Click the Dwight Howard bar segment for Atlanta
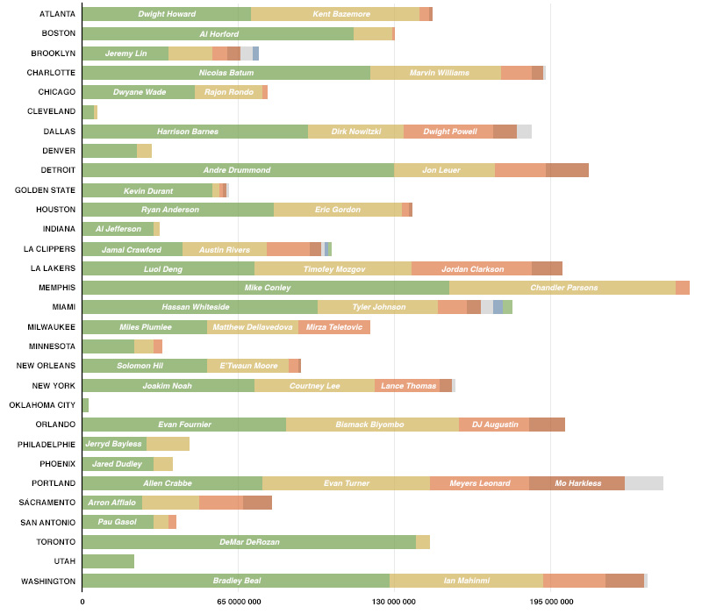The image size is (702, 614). (x=166, y=14)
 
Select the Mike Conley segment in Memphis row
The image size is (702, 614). (x=265, y=288)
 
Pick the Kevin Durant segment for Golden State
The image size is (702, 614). (x=147, y=190)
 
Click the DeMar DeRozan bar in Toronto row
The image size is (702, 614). (x=248, y=542)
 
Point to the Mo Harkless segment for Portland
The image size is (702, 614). (x=577, y=483)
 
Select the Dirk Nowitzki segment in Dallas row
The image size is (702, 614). (x=355, y=132)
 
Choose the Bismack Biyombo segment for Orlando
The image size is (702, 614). (x=372, y=425)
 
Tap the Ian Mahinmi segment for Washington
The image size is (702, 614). (x=466, y=581)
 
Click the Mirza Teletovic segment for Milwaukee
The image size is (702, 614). (x=333, y=327)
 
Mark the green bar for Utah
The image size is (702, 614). (x=108, y=561)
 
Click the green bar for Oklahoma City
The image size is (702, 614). (x=85, y=405)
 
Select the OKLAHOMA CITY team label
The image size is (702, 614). (x=42, y=405)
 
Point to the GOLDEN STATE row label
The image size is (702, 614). (x=45, y=190)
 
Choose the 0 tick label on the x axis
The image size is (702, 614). (x=82, y=602)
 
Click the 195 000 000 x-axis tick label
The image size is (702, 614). (x=550, y=602)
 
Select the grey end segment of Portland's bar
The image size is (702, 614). (x=643, y=483)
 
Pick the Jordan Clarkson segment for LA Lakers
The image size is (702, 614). (x=471, y=268)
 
